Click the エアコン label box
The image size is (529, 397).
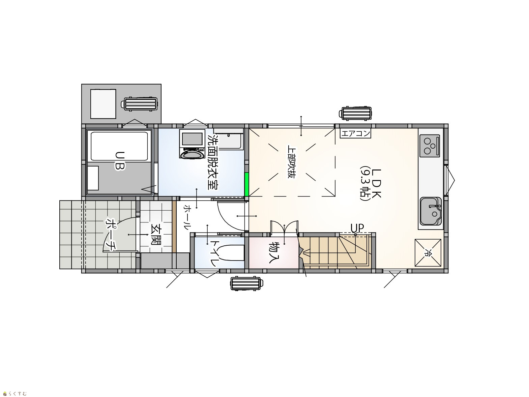[x=355, y=133]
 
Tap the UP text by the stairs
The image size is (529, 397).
[x=357, y=227]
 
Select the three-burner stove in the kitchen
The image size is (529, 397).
[x=430, y=146]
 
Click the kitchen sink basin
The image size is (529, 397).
[x=431, y=211]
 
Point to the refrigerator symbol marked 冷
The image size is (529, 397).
[x=428, y=253]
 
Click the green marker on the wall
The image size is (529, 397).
[x=246, y=184]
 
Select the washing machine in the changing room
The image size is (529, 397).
[x=192, y=144]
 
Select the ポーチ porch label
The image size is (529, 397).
[x=111, y=235]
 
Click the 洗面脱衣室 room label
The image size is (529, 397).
[x=213, y=161]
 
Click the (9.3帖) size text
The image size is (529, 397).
[x=364, y=183]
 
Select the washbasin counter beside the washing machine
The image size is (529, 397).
[x=228, y=139]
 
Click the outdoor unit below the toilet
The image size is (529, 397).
[x=246, y=284]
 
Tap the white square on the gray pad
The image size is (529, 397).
[x=103, y=104]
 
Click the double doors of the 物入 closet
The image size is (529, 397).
[x=284, y=228]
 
